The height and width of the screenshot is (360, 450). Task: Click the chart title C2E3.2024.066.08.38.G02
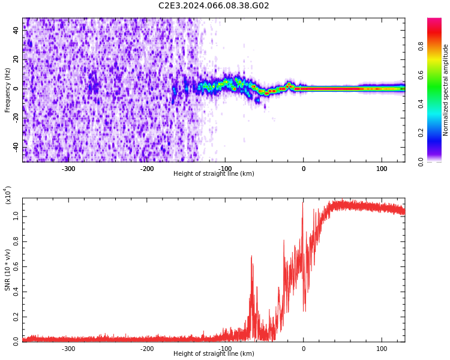click(x=214, y=5)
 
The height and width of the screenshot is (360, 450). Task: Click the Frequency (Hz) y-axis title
click(x=8, y=90)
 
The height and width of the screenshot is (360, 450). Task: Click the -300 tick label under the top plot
click(x=68, y=169)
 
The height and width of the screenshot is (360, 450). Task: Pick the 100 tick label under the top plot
click(x=382, y=169)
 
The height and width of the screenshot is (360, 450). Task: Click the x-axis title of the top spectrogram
click(x=214, y=174)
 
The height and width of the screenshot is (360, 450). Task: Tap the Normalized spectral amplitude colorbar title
click(x=446, y=90)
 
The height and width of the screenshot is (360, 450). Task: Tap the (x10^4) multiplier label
click(x=8, y=196)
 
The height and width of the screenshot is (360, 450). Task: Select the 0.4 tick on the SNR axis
click(x=16, y=292)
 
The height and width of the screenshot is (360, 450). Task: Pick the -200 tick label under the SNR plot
click(x=147, y=349)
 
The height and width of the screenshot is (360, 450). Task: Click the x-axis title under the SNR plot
click(x=214, y=354)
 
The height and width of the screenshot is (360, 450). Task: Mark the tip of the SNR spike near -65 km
click(x=251, y=256)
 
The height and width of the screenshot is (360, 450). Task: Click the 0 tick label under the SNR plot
click(x=303, y=349)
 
